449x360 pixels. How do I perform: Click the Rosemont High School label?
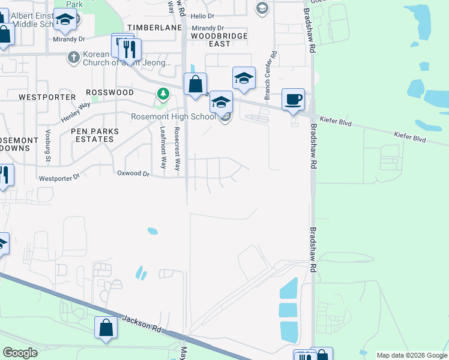tap(173, 116)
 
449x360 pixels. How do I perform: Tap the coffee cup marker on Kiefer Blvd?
tap(293, 100)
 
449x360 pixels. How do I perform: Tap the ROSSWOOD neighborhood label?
tap(110, 92)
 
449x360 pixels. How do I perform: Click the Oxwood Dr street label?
tap(133, 173)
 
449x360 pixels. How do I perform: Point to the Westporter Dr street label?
tap(59, 178)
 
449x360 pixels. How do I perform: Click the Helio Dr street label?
tap(203, 16)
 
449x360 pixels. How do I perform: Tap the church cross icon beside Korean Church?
tap(73, 56)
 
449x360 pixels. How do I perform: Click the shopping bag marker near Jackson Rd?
tap(106, 328)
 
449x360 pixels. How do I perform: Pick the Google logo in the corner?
tap(20, 353)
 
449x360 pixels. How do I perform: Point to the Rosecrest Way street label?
tap(177, 149)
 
